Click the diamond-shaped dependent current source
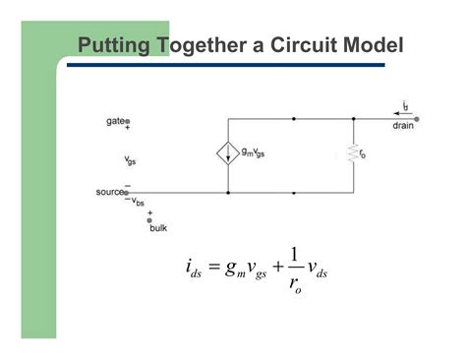point(228,154)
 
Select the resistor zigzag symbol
point(352,154)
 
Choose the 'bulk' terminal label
point(158,230)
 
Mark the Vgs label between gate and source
point(131,160)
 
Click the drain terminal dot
point(417,120)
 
